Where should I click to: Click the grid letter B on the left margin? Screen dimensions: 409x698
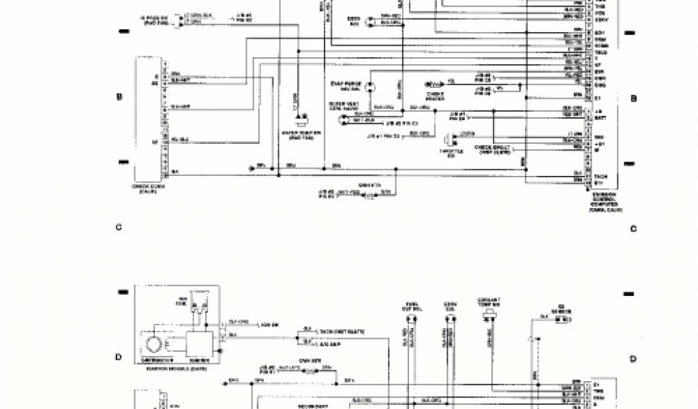coord(119,97)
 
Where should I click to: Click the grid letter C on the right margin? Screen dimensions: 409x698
coord(633,228)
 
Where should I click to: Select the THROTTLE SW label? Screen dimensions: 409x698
coord(447,153)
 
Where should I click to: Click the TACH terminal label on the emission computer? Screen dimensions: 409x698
coord(599,176)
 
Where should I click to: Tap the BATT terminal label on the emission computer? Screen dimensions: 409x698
coord(599,118)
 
